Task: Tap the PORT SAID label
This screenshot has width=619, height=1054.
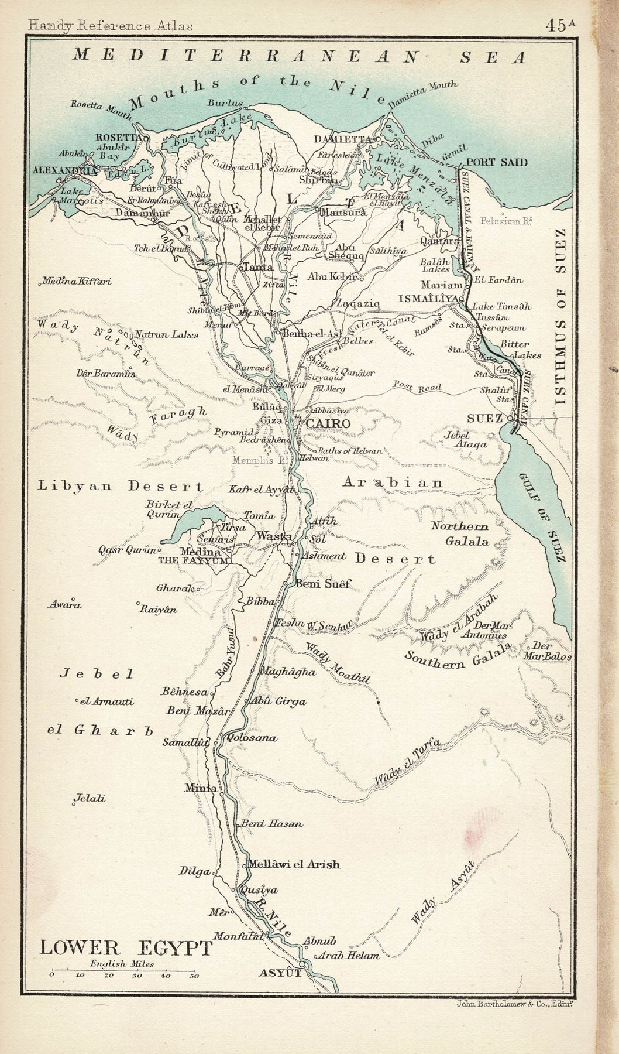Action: tap(497, 163)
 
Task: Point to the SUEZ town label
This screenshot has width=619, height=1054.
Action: tap(484, 418)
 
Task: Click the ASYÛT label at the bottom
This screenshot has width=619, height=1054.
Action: tap(280, 973)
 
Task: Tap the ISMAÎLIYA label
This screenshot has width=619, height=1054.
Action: tap(427, 299)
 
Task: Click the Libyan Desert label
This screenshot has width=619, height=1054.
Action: tap(121, 486)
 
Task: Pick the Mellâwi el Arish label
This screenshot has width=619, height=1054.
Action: tap(294, 864)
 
